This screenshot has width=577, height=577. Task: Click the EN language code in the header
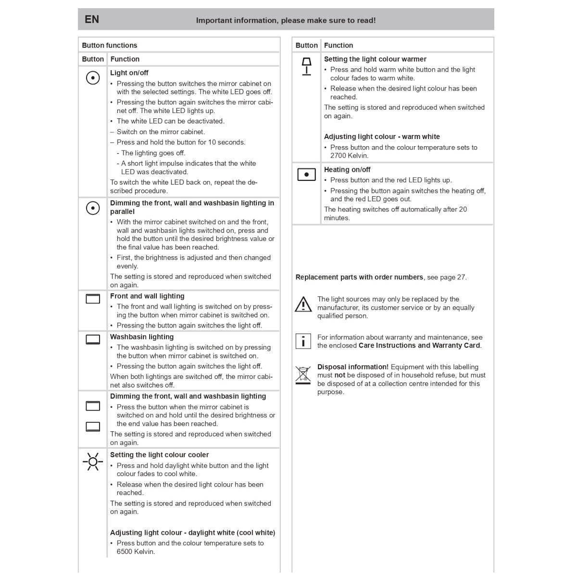coord(92,19)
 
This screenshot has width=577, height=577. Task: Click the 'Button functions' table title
coord(110,45)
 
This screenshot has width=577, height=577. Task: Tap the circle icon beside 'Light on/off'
coord(93,77)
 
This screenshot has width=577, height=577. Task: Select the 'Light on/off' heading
coord(129,73)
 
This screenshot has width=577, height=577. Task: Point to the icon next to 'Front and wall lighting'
coord(93,299)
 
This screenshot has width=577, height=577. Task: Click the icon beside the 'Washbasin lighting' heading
coord(93,339)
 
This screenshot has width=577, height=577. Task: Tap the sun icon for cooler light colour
coord(93,462)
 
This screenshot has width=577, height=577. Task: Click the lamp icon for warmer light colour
coord(306,66)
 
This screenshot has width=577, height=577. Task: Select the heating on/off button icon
coord(306,174)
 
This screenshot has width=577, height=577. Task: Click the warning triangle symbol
coord(303,304)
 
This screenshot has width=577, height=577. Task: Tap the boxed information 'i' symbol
coord(303,341)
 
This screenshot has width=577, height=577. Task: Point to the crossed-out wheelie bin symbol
coord(303,375)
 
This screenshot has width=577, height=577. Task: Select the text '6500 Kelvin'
coord(136,552)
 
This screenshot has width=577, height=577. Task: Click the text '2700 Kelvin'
coord(349,156)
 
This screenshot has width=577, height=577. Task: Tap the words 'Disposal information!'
coord(353,367)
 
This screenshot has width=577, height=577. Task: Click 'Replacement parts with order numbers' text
coord(359,277)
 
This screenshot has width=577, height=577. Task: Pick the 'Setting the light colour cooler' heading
coord(159,455)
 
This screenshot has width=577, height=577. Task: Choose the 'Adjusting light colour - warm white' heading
coord(382,137)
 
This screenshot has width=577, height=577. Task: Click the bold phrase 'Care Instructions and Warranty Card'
coord(419,345)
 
